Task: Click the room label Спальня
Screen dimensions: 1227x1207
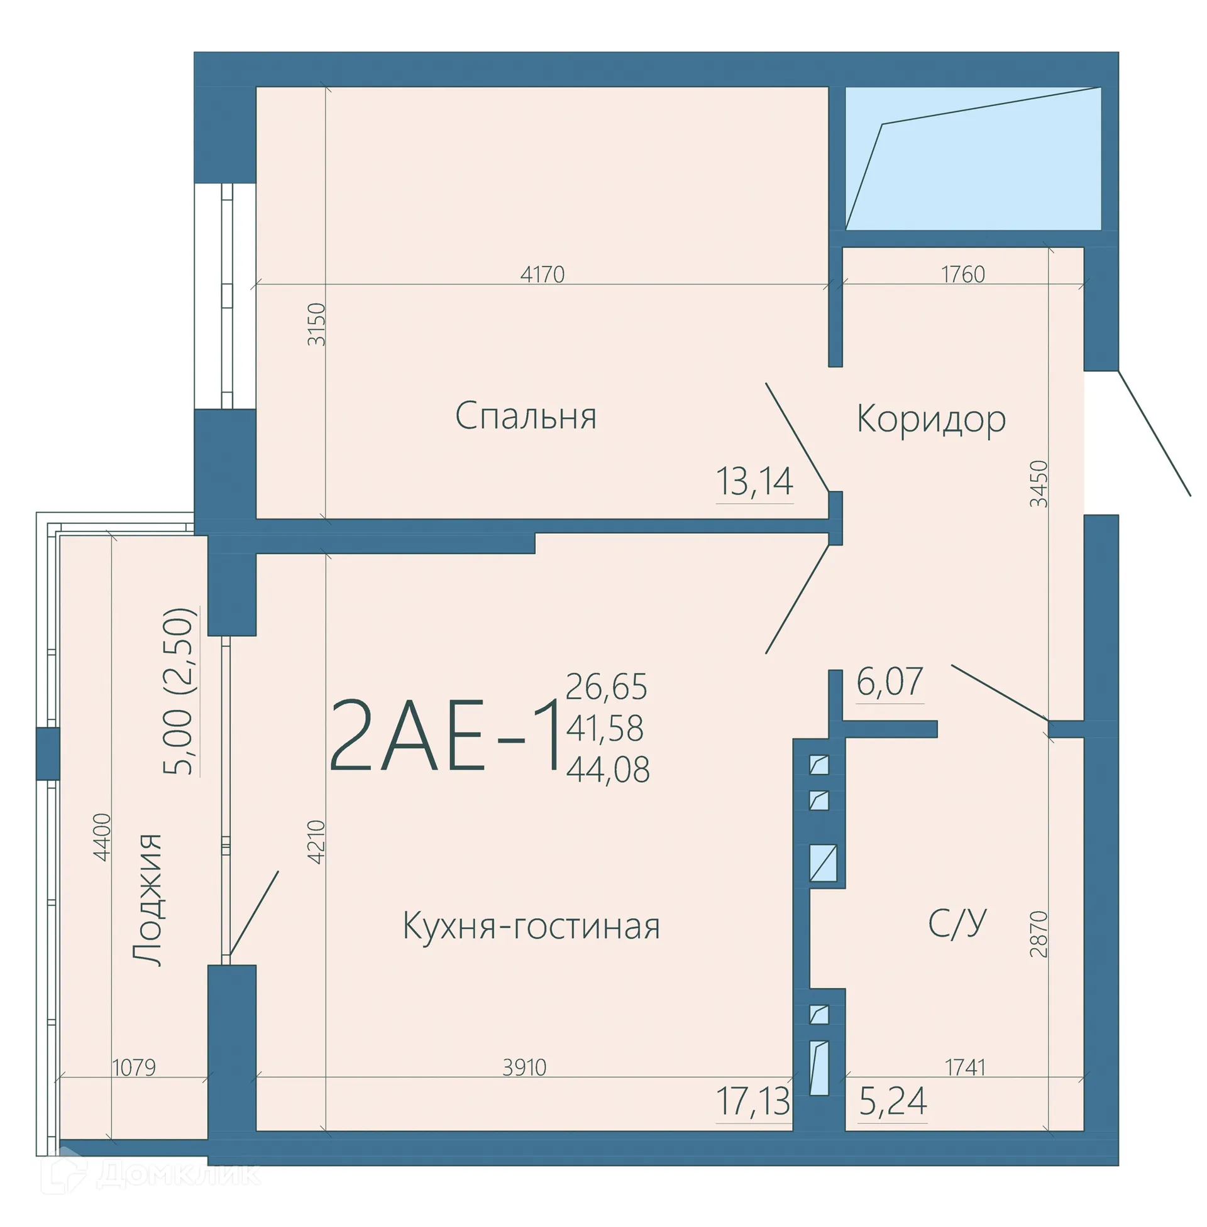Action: pyautogui.click(x=526, y=416)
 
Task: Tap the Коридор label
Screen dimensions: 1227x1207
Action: pyautogui.click(x=930, y=419)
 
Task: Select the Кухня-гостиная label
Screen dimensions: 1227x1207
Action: pyautogui.click(x=531, y=926)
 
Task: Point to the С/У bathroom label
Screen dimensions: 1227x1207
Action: pyautogui.click(x=957, y=924)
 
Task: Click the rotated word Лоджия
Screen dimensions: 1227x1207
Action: pyautogui.click(x=148, y=900)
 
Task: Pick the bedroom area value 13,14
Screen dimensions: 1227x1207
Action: pyautogui.click(x=754, y=481)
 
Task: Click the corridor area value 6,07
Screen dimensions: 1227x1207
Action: pyautogui.click(x=890, y=682)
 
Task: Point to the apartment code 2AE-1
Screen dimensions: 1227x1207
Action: pyautogui.click(x=446, y=736)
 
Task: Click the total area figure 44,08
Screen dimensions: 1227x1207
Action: pyautogui.click(x=607, y=770)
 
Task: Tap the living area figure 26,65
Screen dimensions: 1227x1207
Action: pyautogui.click(x=606, y=687)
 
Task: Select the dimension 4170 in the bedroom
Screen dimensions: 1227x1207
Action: pyautogui.click(x=542, y=275)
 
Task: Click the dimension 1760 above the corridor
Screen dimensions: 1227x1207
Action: pyautogui.click(x=963, y=275)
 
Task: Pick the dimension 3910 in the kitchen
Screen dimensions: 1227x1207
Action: pyautogui.click(x=524, y=1067)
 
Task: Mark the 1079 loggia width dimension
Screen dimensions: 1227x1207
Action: pyautogui.click(x=134, y=1067)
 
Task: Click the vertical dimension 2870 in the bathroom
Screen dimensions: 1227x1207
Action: pyautogui.click(x=1039, y=934)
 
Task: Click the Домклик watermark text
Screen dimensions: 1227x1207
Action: pyautogui.click(x=177, y=1174)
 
